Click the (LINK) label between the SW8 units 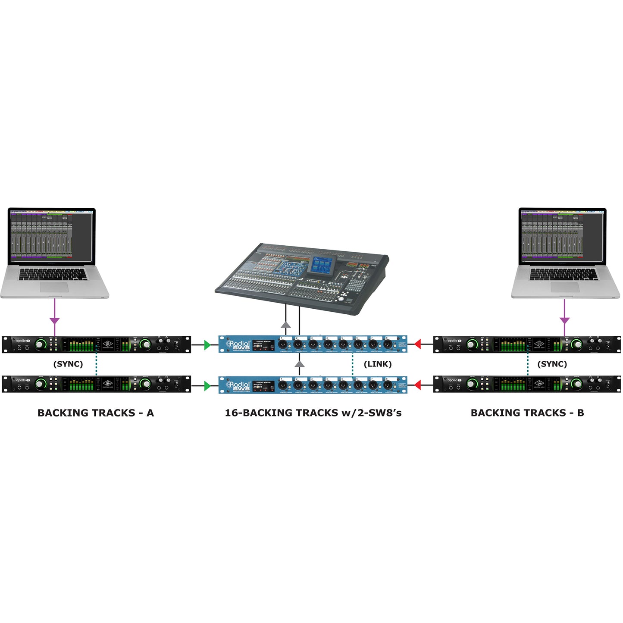pyautogui.click(x=378, y=364)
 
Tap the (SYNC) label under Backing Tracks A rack pyautogui.click(x=68, y=364)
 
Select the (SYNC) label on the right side pyautogui.click(x=552, y=364)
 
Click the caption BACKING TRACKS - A pyautogui.click(x=96, y=413)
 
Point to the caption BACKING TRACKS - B pyautogui.click(x=527, y=413)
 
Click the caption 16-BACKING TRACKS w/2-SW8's pyautogui.click(x=313, y=413)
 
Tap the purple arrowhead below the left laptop pyautogui.click(x=54, y=321)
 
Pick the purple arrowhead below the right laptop pyautogui.click(x=564, y=321)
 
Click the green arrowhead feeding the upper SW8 pyautogui.click(x=208, y=344)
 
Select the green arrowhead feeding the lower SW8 pyautogui.click(x=208, y=385)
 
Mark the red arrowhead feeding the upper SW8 pyautogui.click(x=417, y=344)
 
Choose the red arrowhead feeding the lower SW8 pyautogui.click(x=417, y=385)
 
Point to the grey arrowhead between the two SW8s pyautogui.click(x=299, y=365)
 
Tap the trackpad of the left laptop pyautogui.click(x=54, y=288)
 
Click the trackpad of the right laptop pyautogui.click(x=565, y=288)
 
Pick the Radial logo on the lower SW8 pyautogui.click(x=238, y=385)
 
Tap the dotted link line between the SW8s pyautogui.click(x=353, y=364)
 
